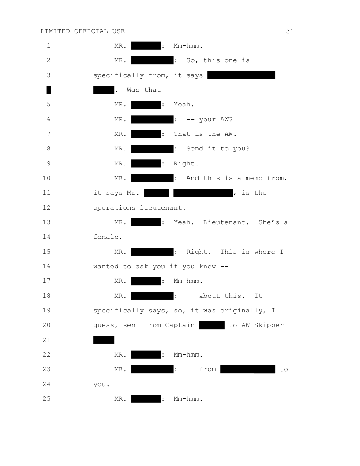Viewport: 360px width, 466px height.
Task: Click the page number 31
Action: coord(290,31)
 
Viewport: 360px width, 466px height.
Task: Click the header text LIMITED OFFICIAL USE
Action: coord(82,31)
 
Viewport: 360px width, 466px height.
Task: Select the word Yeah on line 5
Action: coord(184,105)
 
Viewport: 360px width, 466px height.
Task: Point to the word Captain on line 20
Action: coord(180,325)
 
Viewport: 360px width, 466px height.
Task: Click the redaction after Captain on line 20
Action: coord(212,326)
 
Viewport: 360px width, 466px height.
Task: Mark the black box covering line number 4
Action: coord(49,90)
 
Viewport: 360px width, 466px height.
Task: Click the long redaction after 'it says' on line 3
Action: coord(241,75)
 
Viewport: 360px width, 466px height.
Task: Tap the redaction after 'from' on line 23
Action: coord(248,369)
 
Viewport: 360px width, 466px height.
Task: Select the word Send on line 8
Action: coord(195,149)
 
